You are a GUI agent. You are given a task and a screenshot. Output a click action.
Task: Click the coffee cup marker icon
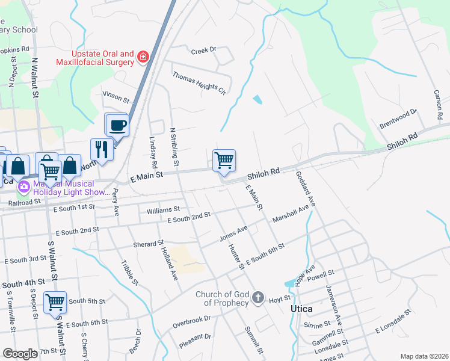pyautogui.click(x=117, y=125)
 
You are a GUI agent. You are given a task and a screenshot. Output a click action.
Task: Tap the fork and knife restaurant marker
pyautogui.click(x=101, y=149)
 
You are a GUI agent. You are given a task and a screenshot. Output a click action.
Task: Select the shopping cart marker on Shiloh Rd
pyautogui.click(x=224, y=161)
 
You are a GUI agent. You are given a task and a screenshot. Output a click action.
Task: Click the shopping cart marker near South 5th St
pyautogui.click(x=55, y=302)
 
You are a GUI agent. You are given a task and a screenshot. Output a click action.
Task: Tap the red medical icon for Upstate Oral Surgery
pyautogui.click(x=143, y=57)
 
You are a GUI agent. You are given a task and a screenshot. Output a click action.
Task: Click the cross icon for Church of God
pyautogui.click(x=257, y=298)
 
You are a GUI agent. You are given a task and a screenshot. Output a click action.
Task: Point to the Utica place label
pyautogui.click(x=301, y=309)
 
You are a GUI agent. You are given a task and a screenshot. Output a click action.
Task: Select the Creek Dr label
pyautogui.click(x=203, y=51)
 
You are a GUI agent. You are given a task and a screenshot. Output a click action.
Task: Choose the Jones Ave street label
pyautogui.click(x=233, y=233)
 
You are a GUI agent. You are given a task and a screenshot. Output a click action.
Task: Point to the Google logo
pyautogui.click(x=20, y=354)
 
